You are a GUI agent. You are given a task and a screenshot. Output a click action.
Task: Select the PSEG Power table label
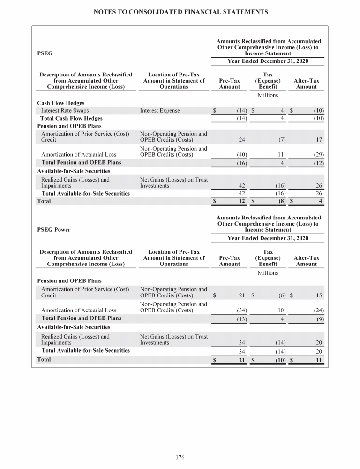[x=53, y=230]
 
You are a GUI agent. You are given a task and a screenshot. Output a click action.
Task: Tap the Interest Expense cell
[x=160, y=111]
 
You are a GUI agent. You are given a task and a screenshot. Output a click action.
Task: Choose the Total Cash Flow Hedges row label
[x=72, y=118]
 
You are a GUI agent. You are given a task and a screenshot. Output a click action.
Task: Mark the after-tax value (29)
[x=318, y=154]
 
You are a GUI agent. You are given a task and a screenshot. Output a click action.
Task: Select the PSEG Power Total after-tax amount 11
[x=318, y=360]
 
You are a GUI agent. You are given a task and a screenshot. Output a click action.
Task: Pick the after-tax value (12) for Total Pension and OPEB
[x=318, y=163]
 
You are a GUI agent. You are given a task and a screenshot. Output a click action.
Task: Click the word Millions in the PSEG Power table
[x=268, y=272]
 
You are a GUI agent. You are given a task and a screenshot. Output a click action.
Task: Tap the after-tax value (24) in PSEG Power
[x=318, y=310]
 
